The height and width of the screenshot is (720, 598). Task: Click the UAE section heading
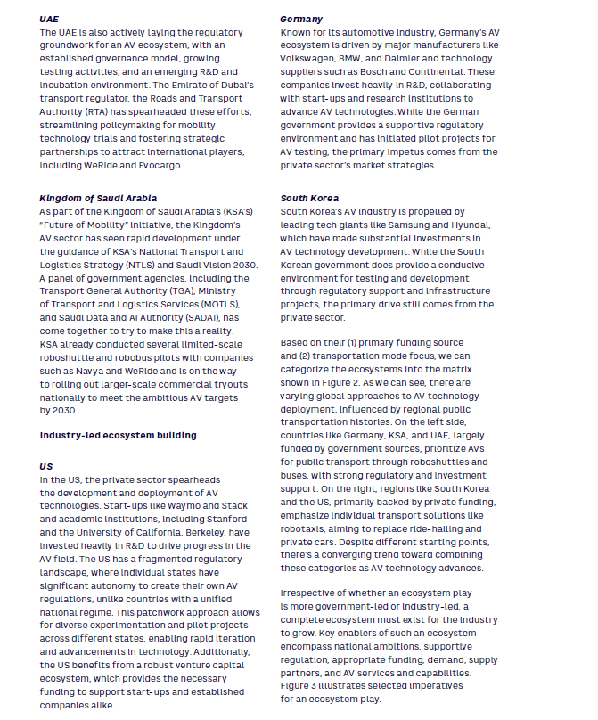click(x=50, y=18)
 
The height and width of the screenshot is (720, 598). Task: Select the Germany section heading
click(x=300, y=18)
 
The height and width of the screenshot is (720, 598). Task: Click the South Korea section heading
click(x=308, y=198)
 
